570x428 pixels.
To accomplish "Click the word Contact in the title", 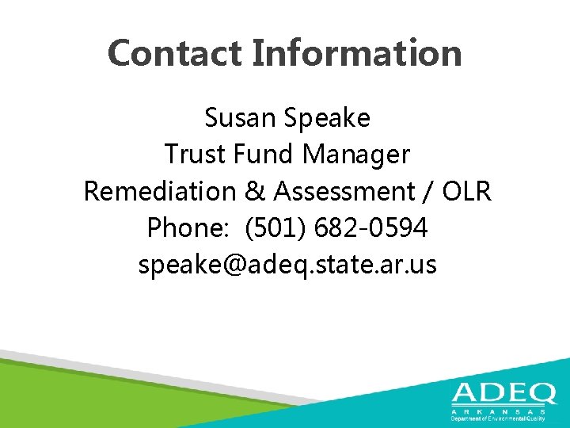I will pos(175,53).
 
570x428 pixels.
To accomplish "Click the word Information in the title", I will pos(356,53).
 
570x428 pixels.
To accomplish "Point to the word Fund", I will pos(256,154).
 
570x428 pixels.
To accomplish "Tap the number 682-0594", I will pos(371,228).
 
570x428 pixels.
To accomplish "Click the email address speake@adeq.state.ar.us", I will pos(287,265).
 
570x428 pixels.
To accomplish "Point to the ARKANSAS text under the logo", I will pos(498,412).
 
